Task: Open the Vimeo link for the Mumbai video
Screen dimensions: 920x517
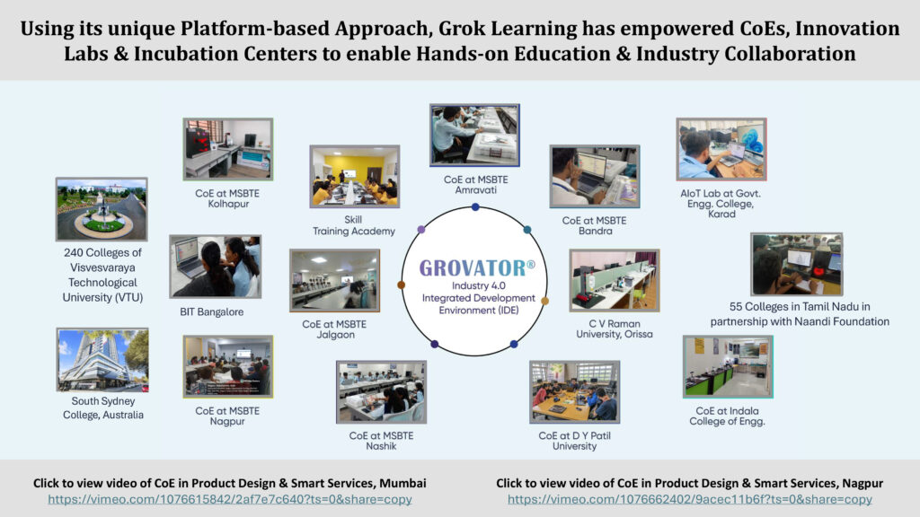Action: tap(230, 499)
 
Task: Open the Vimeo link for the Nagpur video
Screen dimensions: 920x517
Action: tap(690, 499)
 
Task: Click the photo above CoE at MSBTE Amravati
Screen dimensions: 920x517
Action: tap(474, 136)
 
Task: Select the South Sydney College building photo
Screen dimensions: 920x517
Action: tap(102, 360)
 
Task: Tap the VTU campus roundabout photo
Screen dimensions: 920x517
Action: tap(102, 209)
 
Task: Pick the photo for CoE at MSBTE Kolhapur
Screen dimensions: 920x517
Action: tap(228, 149)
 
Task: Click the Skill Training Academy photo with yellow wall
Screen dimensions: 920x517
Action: tap(355, 177)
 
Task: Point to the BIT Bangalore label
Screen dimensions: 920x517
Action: tap(212, 311)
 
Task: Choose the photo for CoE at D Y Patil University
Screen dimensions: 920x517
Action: tap(574, 392)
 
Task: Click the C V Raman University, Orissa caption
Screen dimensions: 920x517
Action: tap(615, 329)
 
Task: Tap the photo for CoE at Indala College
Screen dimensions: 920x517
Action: tap(728, 367)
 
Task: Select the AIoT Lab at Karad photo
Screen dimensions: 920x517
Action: tap(721, 149)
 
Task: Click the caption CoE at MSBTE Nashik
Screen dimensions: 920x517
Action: tap(381, 441)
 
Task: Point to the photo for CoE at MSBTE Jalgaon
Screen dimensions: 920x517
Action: tap(334, 280)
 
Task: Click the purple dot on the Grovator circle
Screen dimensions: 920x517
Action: tap(421, 229)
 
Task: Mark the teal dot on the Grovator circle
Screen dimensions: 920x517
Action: tap(526, 230)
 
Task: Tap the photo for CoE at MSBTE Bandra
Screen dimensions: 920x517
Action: tap(595, 177)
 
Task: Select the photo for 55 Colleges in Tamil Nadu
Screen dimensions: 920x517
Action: tap(797, 265)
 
